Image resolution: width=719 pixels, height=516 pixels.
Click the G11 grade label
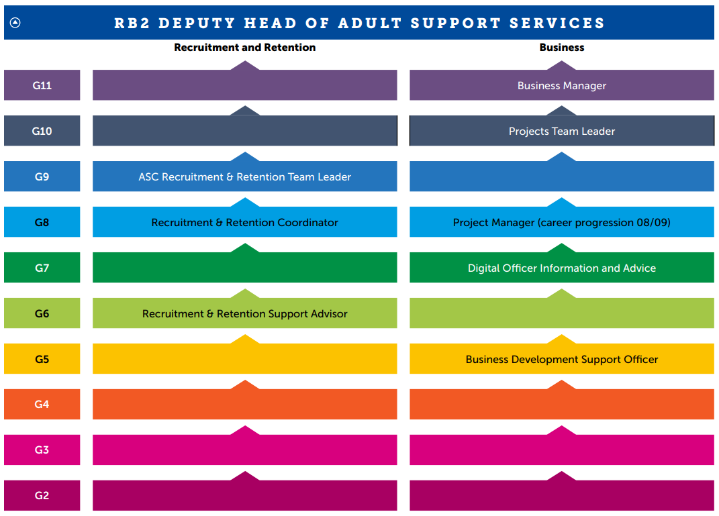point(42,85)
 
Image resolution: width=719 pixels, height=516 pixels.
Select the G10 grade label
point(42,131)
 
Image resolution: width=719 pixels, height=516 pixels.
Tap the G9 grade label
point(42,176)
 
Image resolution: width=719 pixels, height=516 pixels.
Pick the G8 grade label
point(42,222)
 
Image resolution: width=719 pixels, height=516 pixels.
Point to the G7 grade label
point(42,268)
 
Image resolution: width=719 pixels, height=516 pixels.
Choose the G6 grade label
point(42,313)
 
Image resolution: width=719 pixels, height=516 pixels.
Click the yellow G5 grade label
point(42,359)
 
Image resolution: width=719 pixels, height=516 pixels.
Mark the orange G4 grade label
point(42,404)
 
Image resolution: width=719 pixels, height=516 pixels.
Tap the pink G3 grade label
point(42,450)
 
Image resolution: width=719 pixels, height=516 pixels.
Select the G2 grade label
point(42,495)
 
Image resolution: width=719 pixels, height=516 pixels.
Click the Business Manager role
point(561,85)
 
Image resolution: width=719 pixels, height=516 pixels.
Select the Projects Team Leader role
point(561,131)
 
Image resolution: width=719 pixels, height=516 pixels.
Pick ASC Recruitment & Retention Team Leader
point(244,176)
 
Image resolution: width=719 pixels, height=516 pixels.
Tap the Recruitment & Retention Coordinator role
point(244,222)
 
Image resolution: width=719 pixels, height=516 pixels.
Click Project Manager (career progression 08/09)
point(561,222)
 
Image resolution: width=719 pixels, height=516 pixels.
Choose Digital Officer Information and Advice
point(561,268)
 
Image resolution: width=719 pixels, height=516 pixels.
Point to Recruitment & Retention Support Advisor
point(244,313)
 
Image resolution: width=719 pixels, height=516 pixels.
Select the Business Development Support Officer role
point(561,359)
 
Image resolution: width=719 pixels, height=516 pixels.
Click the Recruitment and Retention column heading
point(244,48)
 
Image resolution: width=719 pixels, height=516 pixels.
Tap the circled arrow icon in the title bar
point(15,23)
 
